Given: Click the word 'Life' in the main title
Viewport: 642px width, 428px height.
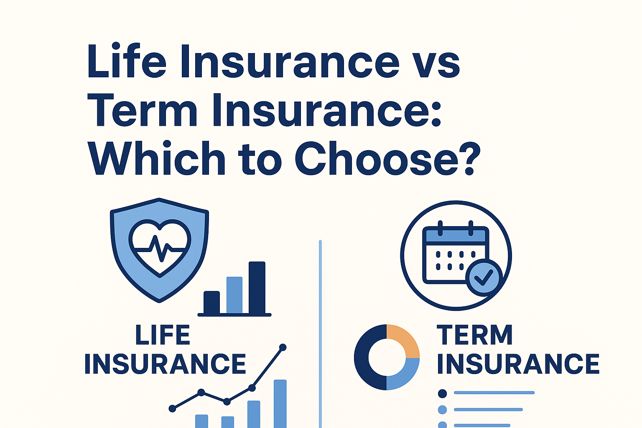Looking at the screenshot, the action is [x=126, y=61].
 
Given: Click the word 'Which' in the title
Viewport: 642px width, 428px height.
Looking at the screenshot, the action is [x=156, y=158].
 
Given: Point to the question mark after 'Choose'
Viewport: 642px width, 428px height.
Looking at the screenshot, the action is [x=469, y=158].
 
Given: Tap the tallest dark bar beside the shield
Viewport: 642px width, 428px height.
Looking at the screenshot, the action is [x=257, y=287].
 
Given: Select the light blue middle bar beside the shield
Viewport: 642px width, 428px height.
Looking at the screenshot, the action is [x=234, y=295].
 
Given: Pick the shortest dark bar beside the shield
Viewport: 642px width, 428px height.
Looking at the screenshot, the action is [x=211, y=303].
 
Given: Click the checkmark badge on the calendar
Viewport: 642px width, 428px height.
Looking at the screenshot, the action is [x=484, y=278].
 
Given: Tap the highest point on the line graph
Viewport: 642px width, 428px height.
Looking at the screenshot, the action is [x=283, y=347].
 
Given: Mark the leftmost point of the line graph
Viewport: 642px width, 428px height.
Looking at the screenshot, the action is [x=172, y=408].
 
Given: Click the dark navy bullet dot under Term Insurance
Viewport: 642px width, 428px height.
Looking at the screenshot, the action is [x=443, y=394].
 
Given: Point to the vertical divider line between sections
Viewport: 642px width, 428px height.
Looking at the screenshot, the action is [x=320, y=334].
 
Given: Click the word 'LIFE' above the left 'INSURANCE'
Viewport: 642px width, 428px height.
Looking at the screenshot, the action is [x=163, y=334].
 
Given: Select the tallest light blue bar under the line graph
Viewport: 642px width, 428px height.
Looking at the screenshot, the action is [x=280, y=404].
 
